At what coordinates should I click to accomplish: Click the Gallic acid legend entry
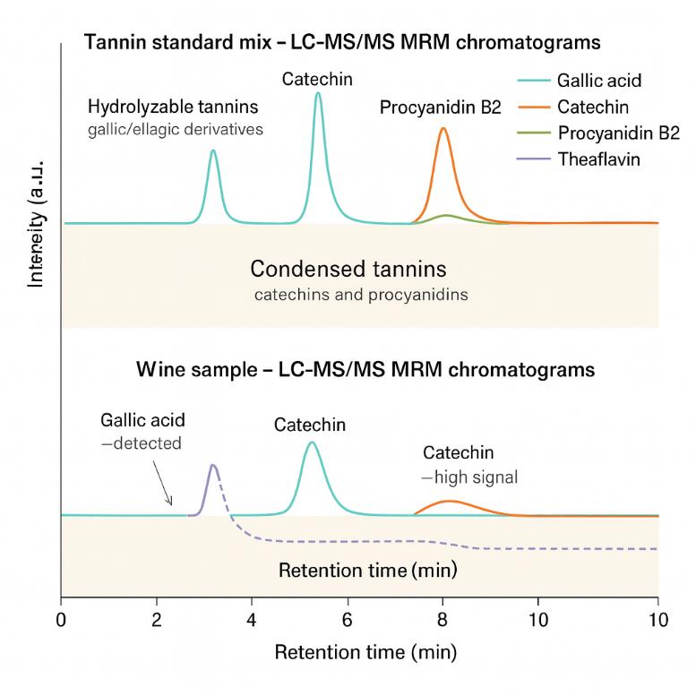[599, 81]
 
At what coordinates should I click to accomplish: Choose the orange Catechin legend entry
[593, 107]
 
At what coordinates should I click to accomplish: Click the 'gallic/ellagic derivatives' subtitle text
[176, 130]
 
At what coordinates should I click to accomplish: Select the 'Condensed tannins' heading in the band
[348, 269]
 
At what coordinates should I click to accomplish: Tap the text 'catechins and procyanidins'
[360, 294]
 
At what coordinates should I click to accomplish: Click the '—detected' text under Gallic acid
[141, 443]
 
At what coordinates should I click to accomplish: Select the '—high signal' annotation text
[470, 477]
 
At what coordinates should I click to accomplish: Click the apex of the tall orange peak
[443, 128]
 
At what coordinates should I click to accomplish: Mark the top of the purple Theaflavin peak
[213, 465]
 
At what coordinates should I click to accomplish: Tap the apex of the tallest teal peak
[318, 93]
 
